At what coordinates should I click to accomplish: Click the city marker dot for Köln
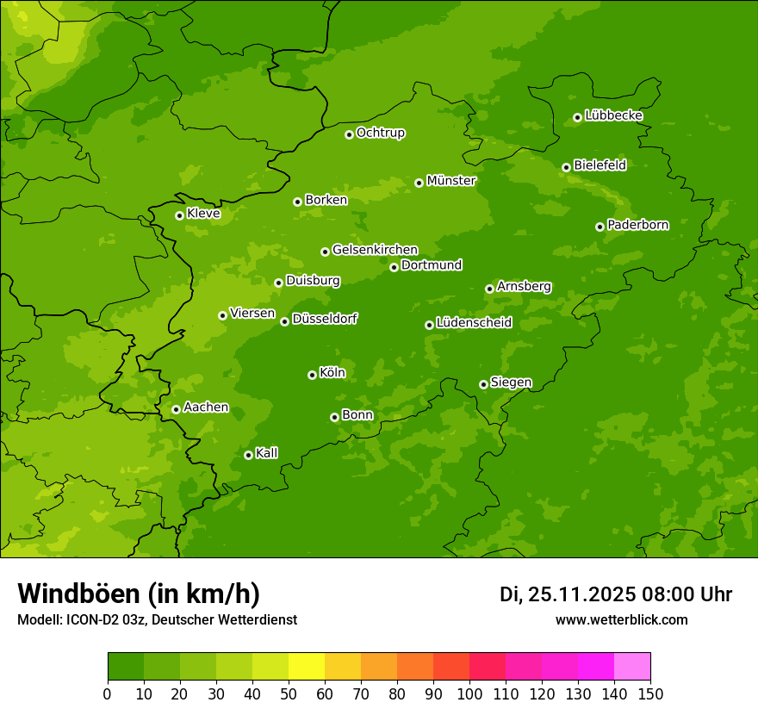pos(312,375)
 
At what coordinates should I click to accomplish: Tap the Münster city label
pos(450,181)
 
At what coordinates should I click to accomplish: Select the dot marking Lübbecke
pos(577,117)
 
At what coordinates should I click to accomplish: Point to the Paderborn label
pos(637,225)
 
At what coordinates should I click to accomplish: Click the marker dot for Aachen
pos(176,409)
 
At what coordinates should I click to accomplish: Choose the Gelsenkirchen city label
pos(375,250)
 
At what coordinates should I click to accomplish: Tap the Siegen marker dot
pos(483,384)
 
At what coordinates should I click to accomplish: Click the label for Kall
pos(267,453)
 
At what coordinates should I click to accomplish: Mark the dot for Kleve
pos(179,215)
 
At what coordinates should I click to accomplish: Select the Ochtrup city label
pos(380,133)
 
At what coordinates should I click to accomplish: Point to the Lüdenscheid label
pos(474,323)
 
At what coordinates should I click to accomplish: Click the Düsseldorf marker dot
pos(284,321)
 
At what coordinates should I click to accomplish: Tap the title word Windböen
pos(78,594)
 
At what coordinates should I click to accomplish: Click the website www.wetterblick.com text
pos(621,619)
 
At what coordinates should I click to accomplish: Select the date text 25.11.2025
pos(581,594)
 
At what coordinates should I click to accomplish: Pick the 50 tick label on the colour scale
pos(289,693)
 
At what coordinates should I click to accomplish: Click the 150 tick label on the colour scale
pos(650,693)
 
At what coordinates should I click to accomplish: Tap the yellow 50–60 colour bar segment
pos(307,667)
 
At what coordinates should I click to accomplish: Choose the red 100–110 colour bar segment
pos(488,667)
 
